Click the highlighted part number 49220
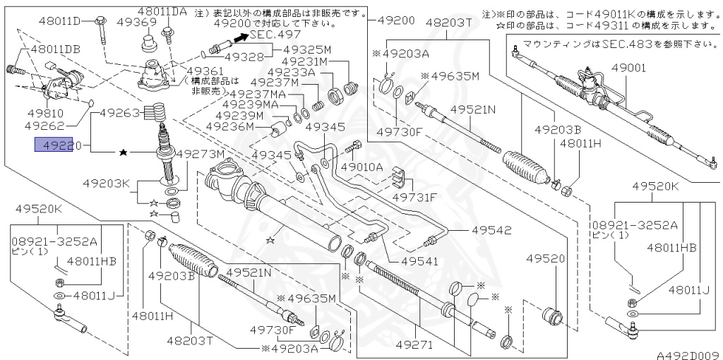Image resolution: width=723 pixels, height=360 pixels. click(x=55, y=145)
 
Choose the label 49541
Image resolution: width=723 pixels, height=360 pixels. click(x=419, y=260)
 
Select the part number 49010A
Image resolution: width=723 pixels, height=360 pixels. click(x=361, y=167)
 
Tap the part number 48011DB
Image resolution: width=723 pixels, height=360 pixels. click(x=54, y=49)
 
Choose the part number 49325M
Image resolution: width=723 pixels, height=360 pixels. click(x=307, y=49)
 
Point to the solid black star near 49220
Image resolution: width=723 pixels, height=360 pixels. click(x=124, y=152)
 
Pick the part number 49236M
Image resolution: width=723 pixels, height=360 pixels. click(x=229, y=126)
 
